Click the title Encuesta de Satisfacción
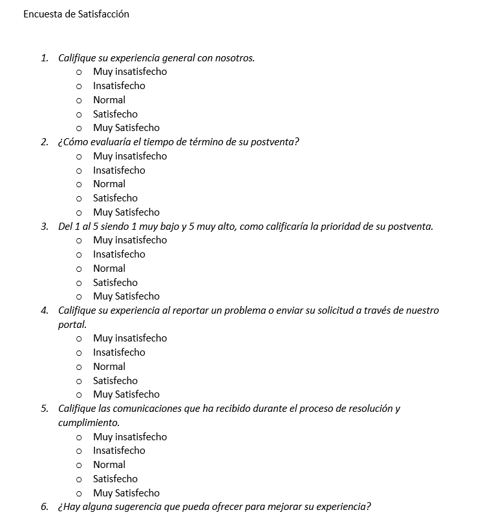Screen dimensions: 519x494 pos(76,14)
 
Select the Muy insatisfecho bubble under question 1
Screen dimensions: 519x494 pos(79,72)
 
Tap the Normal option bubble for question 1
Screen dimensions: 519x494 pos(79,101)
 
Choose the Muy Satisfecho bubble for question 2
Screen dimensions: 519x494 pos(79,213)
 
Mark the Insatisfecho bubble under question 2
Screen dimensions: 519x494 pos(79,171)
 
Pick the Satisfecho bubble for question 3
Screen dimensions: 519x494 pos(79,283)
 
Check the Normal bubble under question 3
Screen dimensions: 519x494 pos(79,269)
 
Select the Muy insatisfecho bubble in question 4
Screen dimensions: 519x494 pos(79,339)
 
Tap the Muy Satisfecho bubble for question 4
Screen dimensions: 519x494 pos(79,395)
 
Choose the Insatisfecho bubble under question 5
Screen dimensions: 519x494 pos(79,451)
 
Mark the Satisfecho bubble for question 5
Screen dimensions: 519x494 pos(79,480)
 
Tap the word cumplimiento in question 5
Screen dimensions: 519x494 pos(88,423)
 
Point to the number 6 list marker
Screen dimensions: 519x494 pos(44,506)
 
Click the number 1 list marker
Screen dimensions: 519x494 pos(44,58)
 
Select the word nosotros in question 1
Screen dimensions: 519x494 pos(234,58)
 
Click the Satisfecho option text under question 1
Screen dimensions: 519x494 pos(115,114)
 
